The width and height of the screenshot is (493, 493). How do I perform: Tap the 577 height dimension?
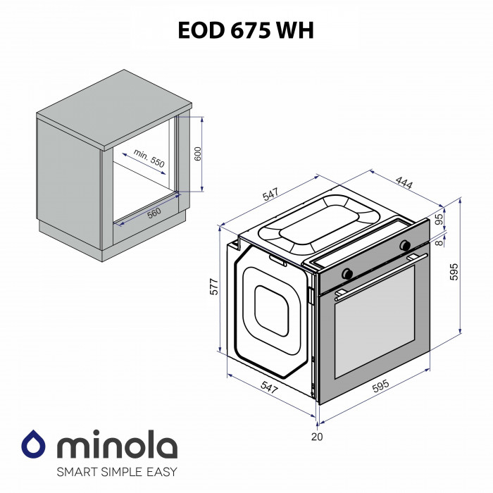pos(214,287)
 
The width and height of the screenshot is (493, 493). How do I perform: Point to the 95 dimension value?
pos(439,220)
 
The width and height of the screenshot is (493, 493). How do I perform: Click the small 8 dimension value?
pos(439,243)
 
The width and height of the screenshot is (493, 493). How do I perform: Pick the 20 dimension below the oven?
pos(317,437)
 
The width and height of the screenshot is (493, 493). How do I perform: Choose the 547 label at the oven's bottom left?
pos(269,387)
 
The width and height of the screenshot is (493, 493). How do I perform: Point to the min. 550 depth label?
pos(149,158)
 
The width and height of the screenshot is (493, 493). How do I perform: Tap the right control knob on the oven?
pos(404,246)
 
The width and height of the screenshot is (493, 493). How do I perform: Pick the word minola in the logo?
pos(116,447)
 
